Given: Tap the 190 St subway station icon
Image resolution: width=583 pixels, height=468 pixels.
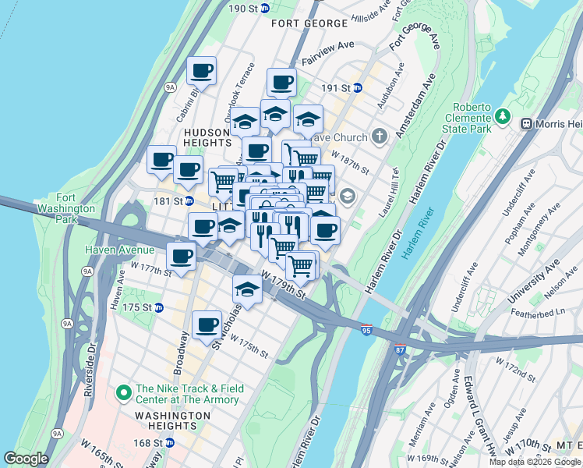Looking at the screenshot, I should click(264, 8).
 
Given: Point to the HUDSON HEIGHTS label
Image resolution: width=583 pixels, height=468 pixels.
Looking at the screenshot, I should click(207, 138).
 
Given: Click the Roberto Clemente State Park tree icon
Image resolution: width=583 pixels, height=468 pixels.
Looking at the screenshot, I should click(504, 117).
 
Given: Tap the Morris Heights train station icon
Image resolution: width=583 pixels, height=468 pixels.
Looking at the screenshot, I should click(526, 123).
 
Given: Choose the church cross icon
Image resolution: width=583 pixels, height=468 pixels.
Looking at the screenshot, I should click(379, 137).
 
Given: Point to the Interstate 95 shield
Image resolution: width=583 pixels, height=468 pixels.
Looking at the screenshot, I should click(366, 330).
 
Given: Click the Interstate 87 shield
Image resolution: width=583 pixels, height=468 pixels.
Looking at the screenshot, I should click(400, 349).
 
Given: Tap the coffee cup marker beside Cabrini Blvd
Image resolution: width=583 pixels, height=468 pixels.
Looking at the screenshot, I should click(201, 71).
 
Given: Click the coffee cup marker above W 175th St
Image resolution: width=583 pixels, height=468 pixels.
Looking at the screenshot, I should click(207, 324).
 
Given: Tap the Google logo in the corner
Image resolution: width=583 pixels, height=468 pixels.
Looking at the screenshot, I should click(26, 459).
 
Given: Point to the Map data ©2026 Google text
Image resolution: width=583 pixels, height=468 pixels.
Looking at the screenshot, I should click(535, 462).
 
